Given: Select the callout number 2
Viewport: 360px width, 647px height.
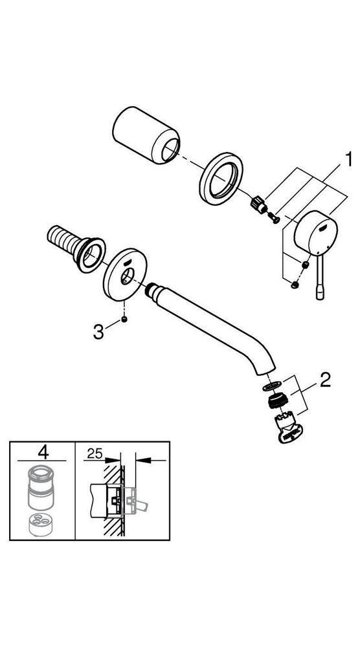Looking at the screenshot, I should coord(324,380).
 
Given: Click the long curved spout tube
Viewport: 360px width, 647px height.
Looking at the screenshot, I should coord(214,323).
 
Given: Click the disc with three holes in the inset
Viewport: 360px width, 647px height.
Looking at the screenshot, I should coord(41,523).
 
